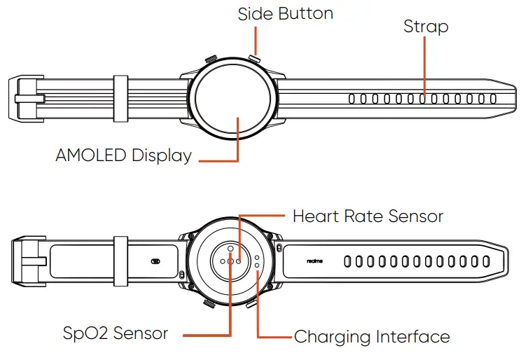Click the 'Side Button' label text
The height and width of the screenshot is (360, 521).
tap(285, 13)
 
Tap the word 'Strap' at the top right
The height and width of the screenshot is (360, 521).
tap(426, 27)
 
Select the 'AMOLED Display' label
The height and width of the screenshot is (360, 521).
tap(123, 155)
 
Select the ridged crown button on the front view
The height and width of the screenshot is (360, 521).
tap(210, 60)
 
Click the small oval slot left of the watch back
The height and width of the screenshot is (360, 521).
tap(155, 261)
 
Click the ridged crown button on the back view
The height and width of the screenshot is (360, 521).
tap(209, 303)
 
